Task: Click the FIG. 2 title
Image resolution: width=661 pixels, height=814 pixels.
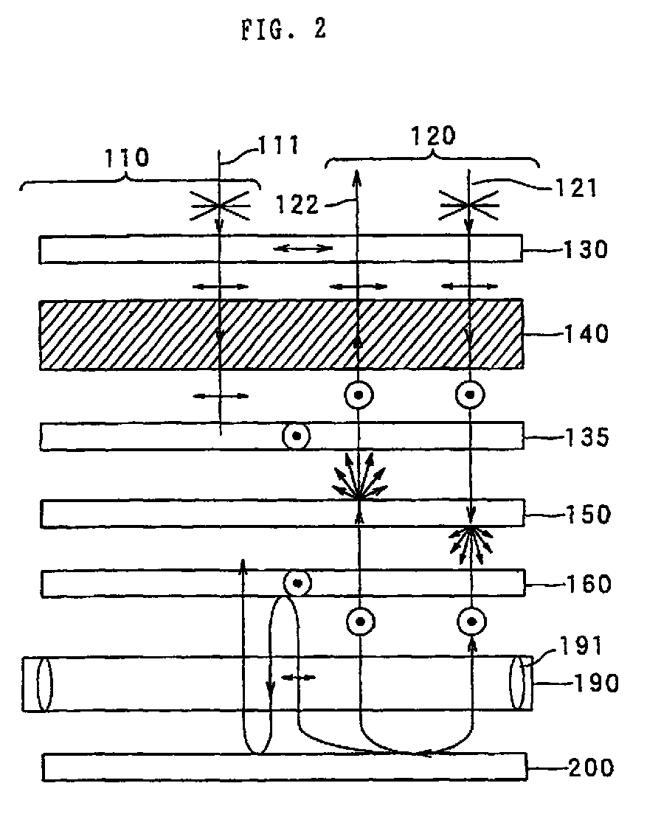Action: [x=283, y=30]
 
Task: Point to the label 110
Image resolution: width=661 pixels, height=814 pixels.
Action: [x=127, y=157]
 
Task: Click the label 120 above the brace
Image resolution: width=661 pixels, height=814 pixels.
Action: [x=432, y=135]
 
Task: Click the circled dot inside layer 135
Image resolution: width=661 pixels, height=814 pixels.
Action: [x=297, y=436]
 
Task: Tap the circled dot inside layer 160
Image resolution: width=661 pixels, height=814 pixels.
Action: [x=297, y=583]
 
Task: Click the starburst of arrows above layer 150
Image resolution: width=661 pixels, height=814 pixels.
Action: [x=359, y=480]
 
